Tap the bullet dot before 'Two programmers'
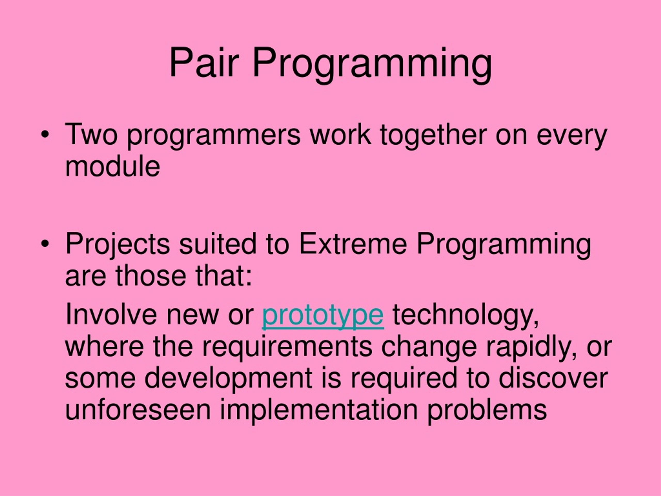[x=45, y=135]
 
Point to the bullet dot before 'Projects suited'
[x=45, y=244]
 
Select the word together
[x=434, y=136]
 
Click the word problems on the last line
[x=487, y=411]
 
